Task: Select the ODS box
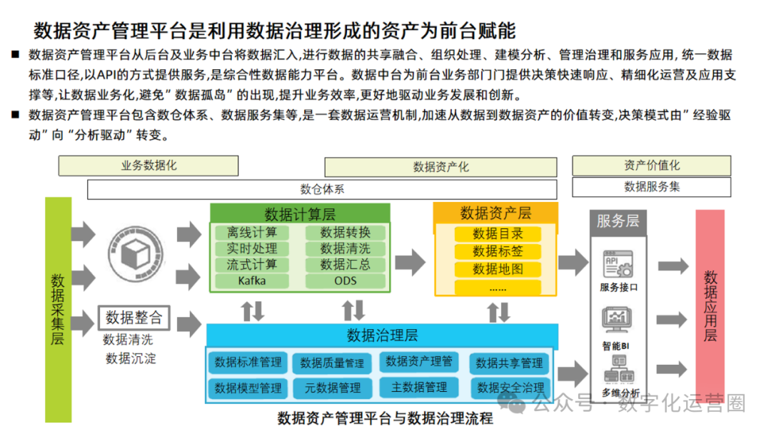pyautogui.click(x=346, y=281)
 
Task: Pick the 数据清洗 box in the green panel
pyautogui.click(x=346, y=248)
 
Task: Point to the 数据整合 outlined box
pyautogui.click(x=133, y=317)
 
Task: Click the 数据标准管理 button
pyautogui.click(x=248, y=362)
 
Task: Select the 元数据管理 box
pyautogui.click(x=332, y=388)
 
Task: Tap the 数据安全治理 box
pyautogui.click(x=510, y=388)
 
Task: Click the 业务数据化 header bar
pyautogui.click(x=148, y=166)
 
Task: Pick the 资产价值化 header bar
pyautogui.click(x=651, y=166)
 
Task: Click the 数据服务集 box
pyautogui.click(x=651, y=186)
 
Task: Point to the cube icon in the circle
pyautogui.click(x=133, y=255)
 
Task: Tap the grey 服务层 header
pyautogui.click(x=618, y=221)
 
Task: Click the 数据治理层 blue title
pyautogui.click(x=382, y=335)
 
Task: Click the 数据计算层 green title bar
pyautogui.click(x=300, y=213)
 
